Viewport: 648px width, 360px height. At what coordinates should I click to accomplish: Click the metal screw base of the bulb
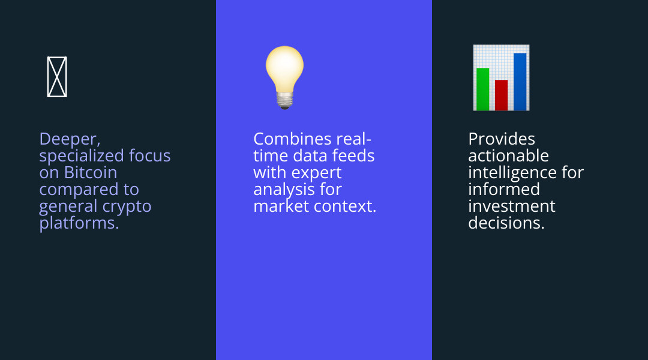(284, 100)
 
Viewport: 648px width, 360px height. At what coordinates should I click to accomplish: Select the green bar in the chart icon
(482, 89)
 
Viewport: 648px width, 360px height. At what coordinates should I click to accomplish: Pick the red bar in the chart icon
(501, 95)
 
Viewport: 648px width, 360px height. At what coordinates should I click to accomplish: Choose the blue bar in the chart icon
(520, 82)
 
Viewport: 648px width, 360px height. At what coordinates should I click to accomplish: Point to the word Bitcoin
(91, 172)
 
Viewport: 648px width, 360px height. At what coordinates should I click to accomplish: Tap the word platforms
(79, 224)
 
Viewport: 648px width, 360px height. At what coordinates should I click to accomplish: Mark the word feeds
(353, 156)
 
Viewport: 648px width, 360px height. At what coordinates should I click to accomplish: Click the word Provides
(502, 139)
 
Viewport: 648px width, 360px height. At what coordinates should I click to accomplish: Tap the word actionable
(509, 156)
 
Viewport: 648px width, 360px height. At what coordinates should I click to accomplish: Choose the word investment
(512, 206)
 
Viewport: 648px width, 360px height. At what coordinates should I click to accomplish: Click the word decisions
(506, 223)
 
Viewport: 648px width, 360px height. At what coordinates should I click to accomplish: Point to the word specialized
(82, 156)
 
